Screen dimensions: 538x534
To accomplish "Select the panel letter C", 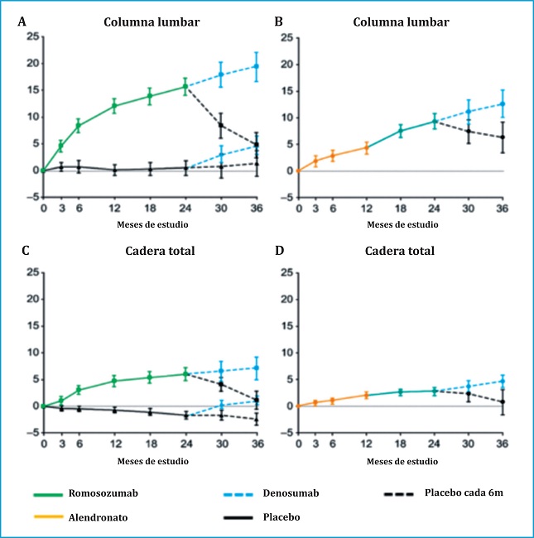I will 22,251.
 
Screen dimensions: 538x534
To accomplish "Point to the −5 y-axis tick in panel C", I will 32,433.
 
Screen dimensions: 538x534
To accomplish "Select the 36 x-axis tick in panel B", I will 502,207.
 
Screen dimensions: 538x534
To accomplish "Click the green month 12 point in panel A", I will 114,106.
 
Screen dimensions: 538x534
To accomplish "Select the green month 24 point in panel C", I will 185,374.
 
